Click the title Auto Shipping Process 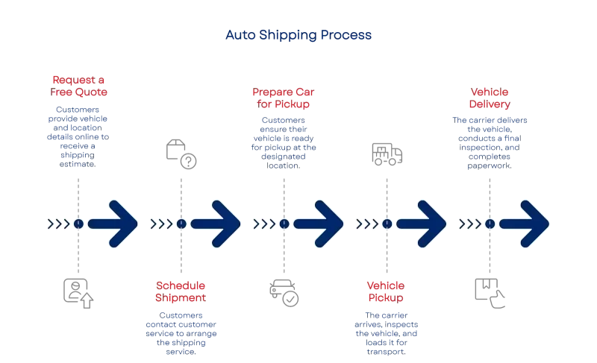[298, 35]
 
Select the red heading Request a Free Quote [78, 86]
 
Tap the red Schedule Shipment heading [181, 291]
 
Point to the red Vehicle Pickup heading [386, 291]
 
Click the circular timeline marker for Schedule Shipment [181, 223]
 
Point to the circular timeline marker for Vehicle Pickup [387, 223]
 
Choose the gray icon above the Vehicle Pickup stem [387, 151]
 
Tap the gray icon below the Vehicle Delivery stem [490, 291]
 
